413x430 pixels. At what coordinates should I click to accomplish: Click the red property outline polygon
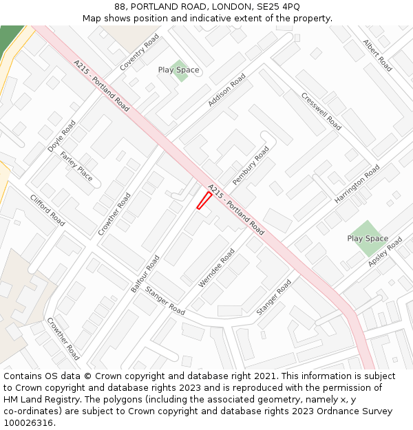click(x=204, y=200)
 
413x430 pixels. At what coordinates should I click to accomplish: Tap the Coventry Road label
click(x=139, y=52)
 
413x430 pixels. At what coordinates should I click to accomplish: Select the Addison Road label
click(x=226, y=90)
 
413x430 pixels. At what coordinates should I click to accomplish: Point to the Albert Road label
click(x=377, y=56)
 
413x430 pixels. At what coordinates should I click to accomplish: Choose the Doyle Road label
click(x=61, y=137)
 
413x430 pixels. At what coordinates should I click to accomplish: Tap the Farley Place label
click(x=76, y=166)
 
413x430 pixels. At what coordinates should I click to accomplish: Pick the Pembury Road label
click(x=250, y=165)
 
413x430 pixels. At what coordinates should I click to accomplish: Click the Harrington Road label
click(x=357, y=183)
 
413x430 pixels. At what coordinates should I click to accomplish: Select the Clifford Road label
click(x=47, y=211)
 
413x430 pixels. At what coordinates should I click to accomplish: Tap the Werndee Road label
click(x=217, y=268)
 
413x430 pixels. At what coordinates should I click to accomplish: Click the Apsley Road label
click(x=385, y=252)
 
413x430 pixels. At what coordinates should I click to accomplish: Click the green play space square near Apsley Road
click(x=368, y=238)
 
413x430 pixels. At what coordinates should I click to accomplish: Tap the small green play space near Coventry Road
click(x=180, y=70)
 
